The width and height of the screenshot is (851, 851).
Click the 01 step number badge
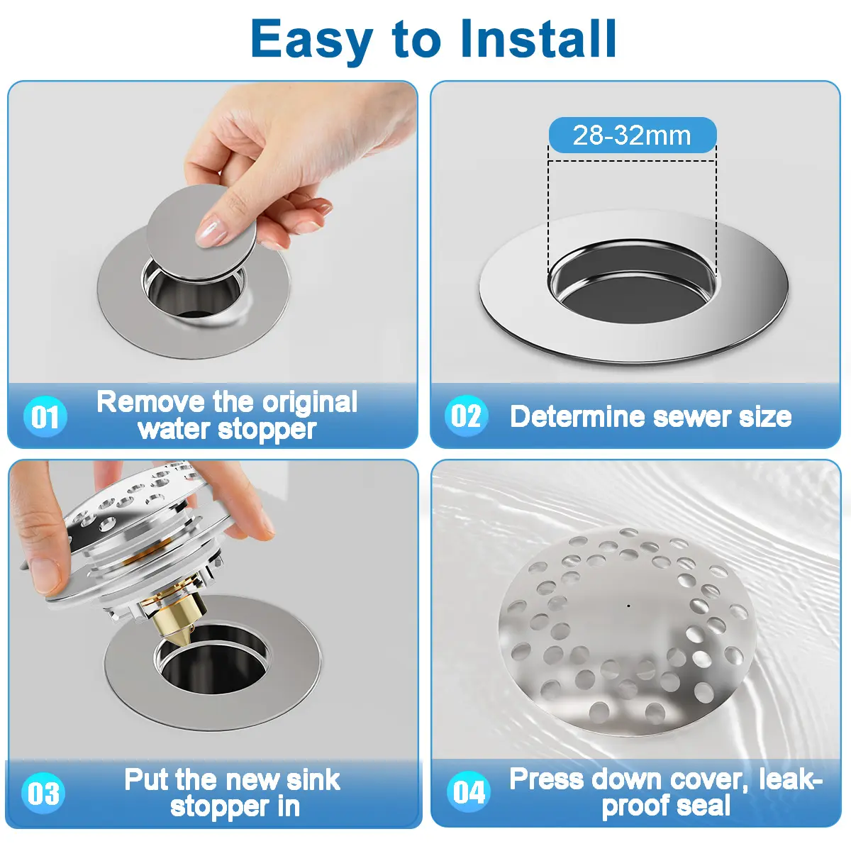pos(45,416)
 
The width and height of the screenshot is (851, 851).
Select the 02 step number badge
pos(467,416)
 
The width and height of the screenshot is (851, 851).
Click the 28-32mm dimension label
pos(633,135)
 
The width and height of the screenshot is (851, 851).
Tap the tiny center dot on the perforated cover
pos(628,606)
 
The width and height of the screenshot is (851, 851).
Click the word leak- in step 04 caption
pos(791,779)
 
